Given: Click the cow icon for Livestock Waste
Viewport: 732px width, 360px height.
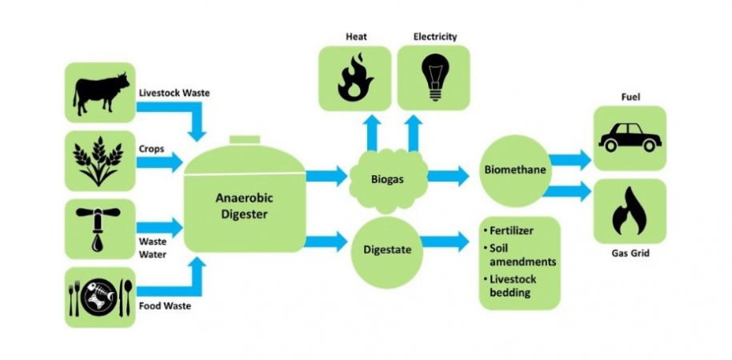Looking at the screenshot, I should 100,93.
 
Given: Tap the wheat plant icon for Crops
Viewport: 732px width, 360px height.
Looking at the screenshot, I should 100,161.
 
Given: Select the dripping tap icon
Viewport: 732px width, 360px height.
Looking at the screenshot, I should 100,228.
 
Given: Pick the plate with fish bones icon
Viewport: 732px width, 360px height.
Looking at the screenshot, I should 100,296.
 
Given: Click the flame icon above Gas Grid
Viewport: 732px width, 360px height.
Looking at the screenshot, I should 630,210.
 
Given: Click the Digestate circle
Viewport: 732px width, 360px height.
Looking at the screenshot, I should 387,250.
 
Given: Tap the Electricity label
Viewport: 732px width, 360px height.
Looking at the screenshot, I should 434,37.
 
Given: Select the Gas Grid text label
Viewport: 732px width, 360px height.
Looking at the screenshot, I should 630,254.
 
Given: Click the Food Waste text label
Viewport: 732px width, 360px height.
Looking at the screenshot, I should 164,306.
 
